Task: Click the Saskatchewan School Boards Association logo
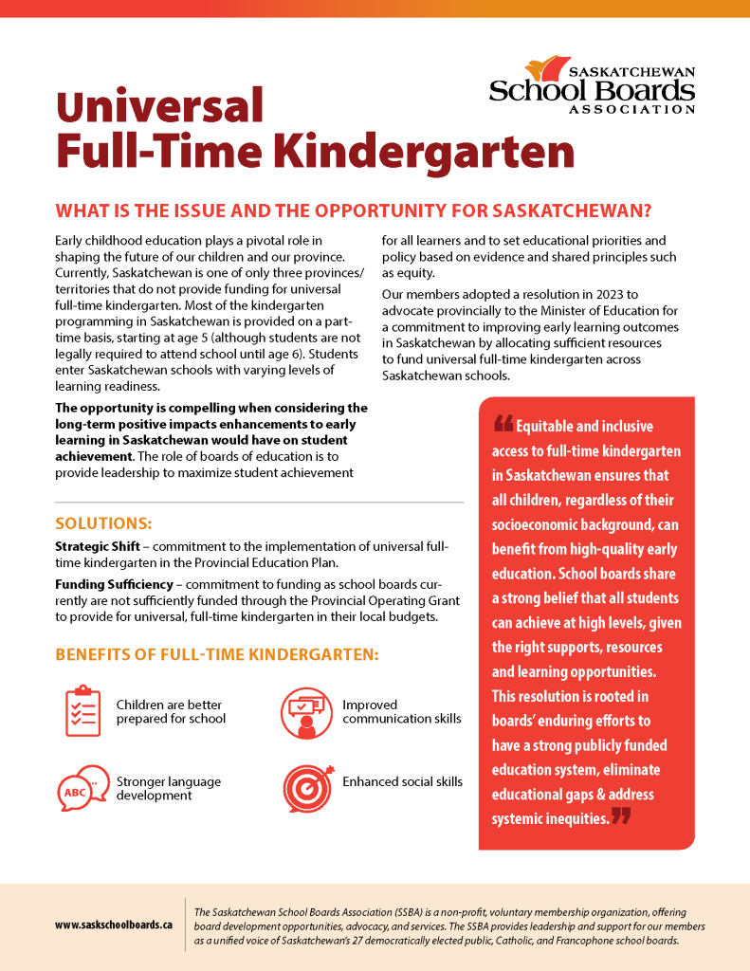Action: coord(592,85)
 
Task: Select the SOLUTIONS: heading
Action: coord(103,522)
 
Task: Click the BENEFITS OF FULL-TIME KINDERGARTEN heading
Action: coord(217,654)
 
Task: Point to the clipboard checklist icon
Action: coord(82,710)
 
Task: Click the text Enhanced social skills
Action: coord(402,781)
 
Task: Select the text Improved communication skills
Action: coord(401,711)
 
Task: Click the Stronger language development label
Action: coord(168,788)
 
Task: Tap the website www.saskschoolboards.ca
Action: coord(114,922)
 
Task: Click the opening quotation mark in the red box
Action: coord(503,423)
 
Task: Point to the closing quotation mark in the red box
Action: coord(621,815)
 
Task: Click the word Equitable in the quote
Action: coord(550,427)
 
